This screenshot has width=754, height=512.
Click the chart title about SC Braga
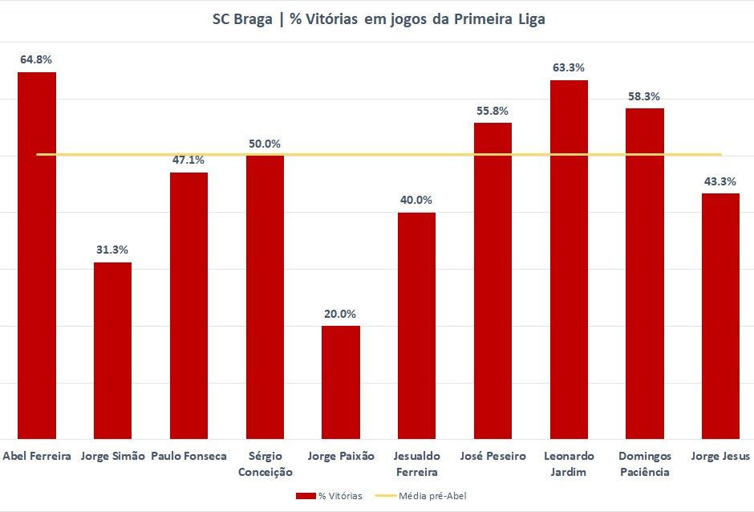tap(378, 19)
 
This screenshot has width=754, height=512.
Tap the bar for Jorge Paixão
tap(341, 382)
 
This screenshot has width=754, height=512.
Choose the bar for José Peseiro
tap(493, 281)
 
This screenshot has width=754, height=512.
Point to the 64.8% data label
tap(37, 59)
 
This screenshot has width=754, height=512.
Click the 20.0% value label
tap(341, 314)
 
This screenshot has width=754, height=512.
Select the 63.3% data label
tap(569, 67)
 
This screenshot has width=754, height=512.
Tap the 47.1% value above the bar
tap(188, 160)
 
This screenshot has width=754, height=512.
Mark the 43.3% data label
tap(720, 181)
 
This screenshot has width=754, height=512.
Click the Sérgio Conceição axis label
tap(265, 464)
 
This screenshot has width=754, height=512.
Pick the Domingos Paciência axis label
tap(645, 464)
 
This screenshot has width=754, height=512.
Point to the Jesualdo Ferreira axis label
tap(417, 464)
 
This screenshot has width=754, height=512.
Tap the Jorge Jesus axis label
tap(720, 456)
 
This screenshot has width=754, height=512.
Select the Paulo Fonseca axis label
tap(188, 456)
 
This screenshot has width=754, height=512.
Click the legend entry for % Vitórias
tap(329, 496)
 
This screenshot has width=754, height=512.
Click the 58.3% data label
tap(645, 96)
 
